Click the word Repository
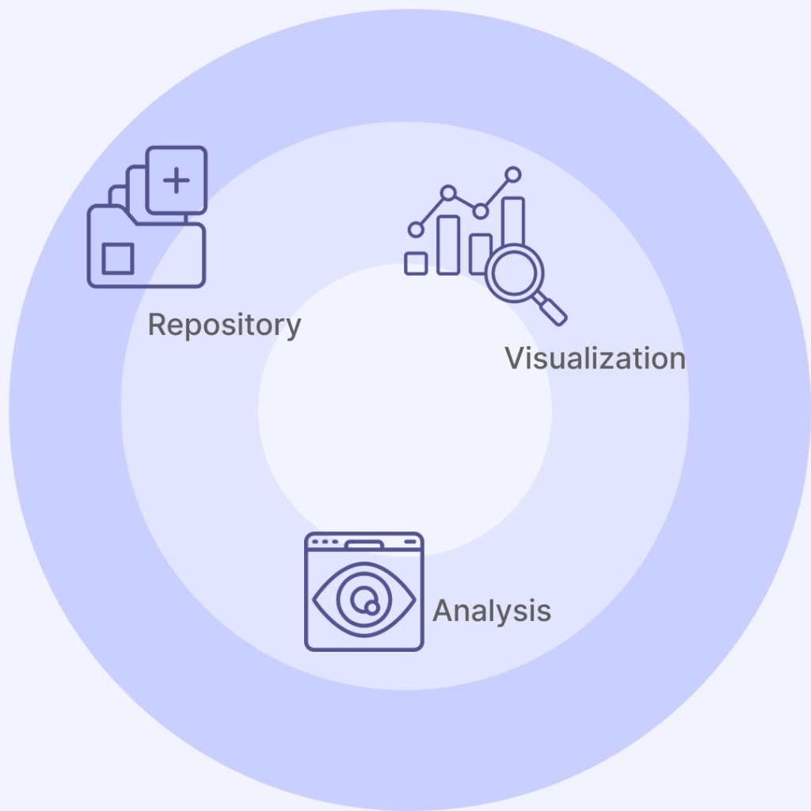tap(224, 325)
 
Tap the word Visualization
tap(595, 358)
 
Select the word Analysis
tap(492, 611)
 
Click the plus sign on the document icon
tap(176, 181)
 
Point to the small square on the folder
tap(118, 259)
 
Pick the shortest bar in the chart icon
tap(416, 264)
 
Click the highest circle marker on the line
tap(513, 174)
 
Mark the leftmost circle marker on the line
tap(416, 230)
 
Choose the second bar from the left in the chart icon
tap(448, 245)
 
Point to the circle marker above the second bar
tap(448, 192)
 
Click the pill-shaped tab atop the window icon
tap(364, 544)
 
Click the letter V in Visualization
tap(515, 358)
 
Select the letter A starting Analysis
tap(442, 611)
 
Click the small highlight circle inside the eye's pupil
tap(371, 607)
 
